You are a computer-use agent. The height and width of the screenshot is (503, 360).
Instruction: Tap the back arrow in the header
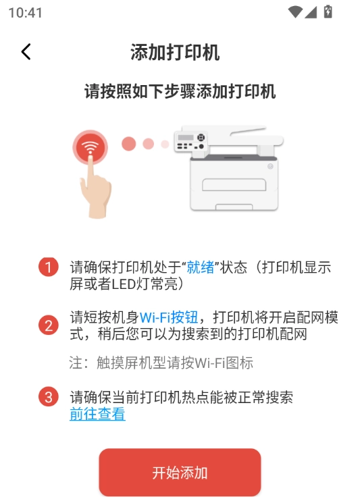click(x=26, y=51)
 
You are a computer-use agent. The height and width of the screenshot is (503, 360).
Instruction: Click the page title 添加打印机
click(x=175, y=52)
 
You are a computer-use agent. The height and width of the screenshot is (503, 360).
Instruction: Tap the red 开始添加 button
click(x=180, y=473)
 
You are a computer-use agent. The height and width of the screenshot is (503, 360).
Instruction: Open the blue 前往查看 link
click(x=97, y=414)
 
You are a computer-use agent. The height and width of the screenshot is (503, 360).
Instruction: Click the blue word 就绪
click(x=201, y=267)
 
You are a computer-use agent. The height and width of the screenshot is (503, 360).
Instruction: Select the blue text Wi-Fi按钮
click(x=169, y=317)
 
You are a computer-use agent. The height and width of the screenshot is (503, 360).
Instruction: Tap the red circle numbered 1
click(x=49, y=267)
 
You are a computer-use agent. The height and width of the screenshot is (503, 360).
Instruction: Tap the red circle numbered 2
click(x=49, y=325)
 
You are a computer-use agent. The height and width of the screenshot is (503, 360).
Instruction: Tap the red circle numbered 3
click(x=49, y=397)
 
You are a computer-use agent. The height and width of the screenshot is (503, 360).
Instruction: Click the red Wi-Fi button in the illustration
click(x=90, y=147)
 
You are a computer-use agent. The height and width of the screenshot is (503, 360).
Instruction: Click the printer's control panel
click(x=190, y=142)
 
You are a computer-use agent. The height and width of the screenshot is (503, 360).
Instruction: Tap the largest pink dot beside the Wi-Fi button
click(x=128, y=144)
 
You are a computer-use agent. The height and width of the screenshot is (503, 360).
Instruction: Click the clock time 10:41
click(x=26, y=13)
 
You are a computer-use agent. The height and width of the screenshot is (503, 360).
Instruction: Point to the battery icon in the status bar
click(x=328, y=12)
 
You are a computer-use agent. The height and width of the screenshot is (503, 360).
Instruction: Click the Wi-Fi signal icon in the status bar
click(x=295, y=12)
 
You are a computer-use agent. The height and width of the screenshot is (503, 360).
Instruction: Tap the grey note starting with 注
click(x=161, y=363)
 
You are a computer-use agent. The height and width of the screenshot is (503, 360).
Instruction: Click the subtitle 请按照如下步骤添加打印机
click(x=180, y=91)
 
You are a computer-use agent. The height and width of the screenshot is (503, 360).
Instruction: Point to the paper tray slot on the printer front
click(x=234, y=184)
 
